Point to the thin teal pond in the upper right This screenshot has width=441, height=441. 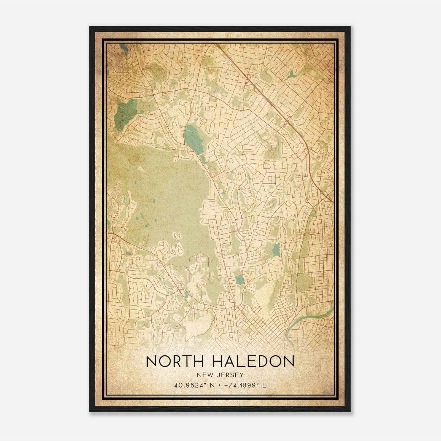pyautogui.click(x=290, y=74)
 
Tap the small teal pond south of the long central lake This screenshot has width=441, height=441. pyautogui.click(x=203, y=158)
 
